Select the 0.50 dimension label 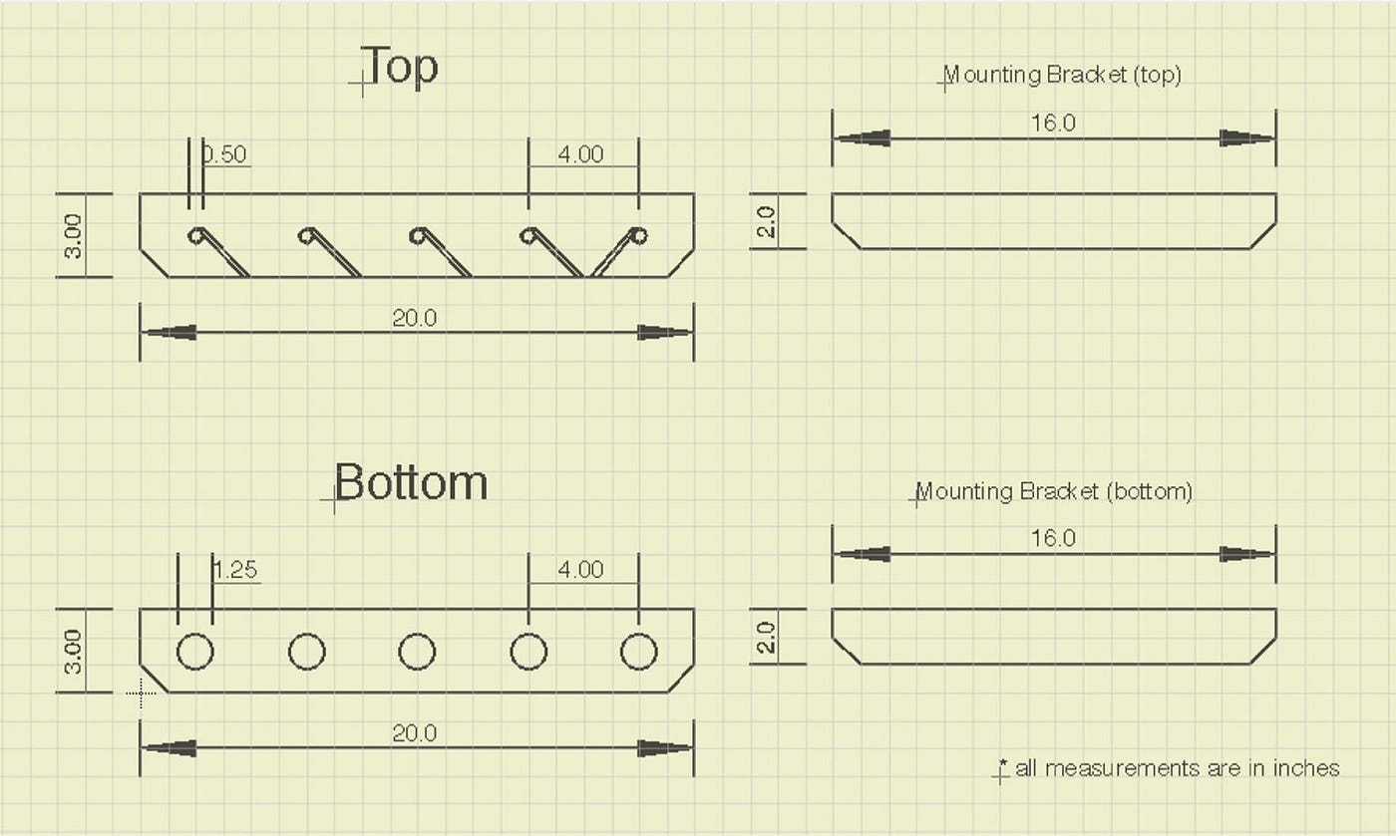[224, 153]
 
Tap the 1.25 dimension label [235, 569]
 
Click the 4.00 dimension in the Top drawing [580, 153]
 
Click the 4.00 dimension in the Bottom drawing [580, 569]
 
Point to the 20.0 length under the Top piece [415, 318]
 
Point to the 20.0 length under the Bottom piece [415, 733]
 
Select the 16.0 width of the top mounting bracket [1053, 123]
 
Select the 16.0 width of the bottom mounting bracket [1053, 538]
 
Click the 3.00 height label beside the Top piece [73, 236]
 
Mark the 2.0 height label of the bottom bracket [766, 637]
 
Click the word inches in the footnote [1306, 768]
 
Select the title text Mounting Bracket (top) [1062, 75]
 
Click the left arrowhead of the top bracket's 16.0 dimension [863, 139]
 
